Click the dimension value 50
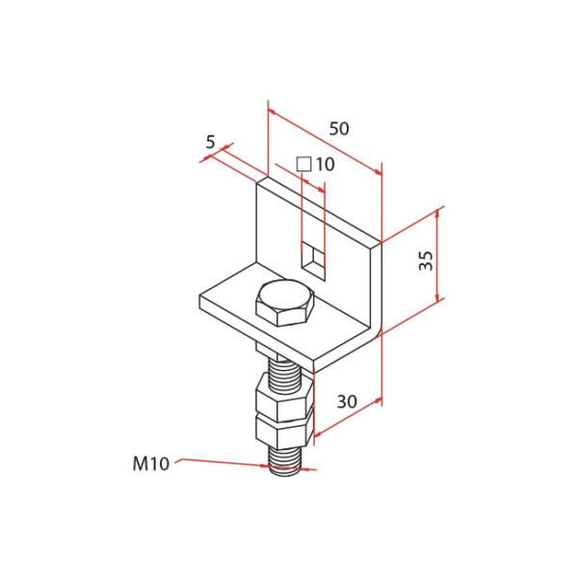click(x=339, y=128)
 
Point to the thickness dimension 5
click(x=210, y=142)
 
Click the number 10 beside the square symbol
click(x=324, y=165)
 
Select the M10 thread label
click(x=150, y=463)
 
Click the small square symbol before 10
click(x=303, y=165)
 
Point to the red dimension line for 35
click(x=440, y=255)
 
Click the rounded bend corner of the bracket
click(x=374, y=328)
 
